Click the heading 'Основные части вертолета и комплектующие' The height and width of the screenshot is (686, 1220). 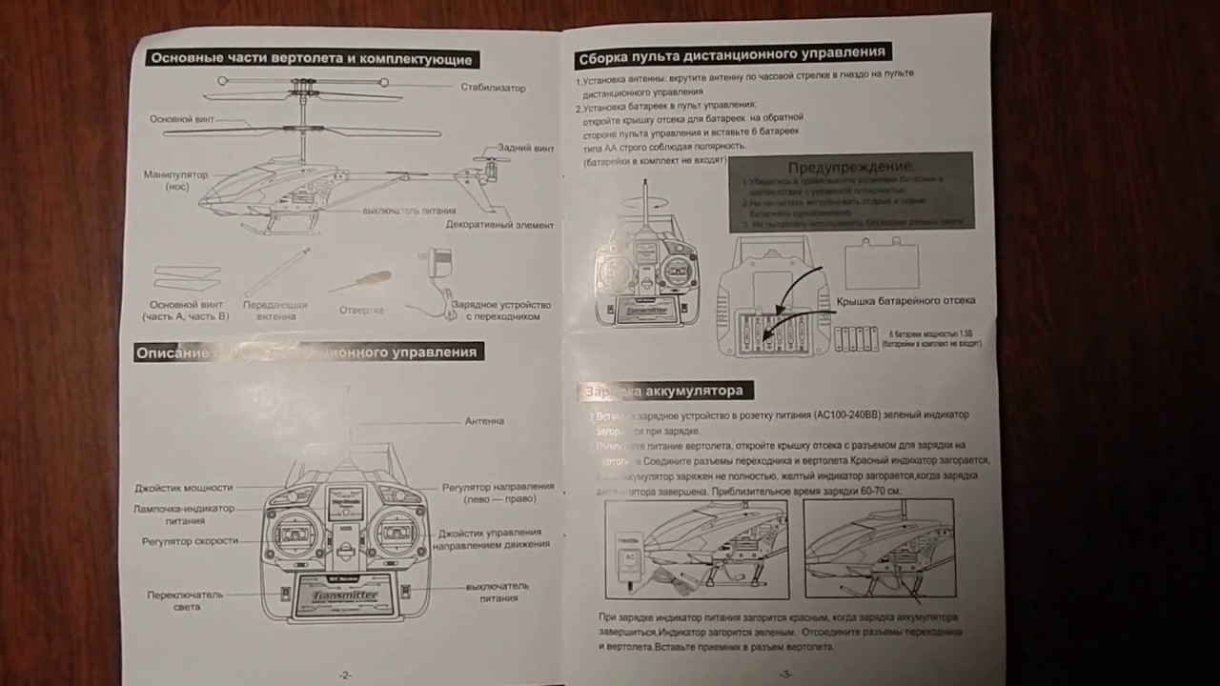[x=311, y=59]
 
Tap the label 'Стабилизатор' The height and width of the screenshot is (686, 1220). [x=493, y=88]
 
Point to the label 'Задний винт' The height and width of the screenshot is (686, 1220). [x=525, y=149]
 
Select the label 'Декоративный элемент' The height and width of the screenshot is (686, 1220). [x=499, y=225]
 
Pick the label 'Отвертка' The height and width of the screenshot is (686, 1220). [x=361, y=310]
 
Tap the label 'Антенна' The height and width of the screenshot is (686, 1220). [x=484, y=421]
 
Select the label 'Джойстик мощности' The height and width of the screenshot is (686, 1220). [x=183, y=487]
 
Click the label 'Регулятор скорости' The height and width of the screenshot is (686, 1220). [x=190, y=541]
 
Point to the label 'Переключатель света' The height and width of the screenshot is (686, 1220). [x=185, y=600]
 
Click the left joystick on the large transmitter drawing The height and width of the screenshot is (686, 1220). [x=294, y=534]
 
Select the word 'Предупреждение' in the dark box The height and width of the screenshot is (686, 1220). [x=849, y=167]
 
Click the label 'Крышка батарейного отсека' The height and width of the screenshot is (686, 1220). [x=905, y=301]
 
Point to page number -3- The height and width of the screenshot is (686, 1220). [x=784, y=674]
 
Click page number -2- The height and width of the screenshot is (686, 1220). [x=345, y=675]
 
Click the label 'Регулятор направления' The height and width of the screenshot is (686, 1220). [x=498, y=493]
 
